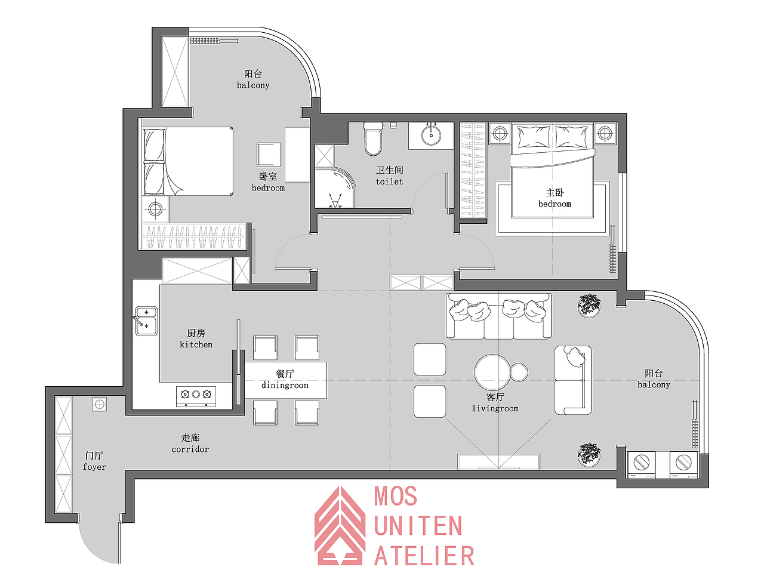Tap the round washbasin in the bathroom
click(x=431, y=135)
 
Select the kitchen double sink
click(x=146, y=321)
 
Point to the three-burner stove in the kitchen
click(x=196, y=396)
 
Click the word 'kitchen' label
click(x=196, y=344)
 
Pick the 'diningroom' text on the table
click(x=285, y=385)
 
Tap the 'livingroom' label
click(x=495, y=408)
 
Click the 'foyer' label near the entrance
click(x=94, y=467)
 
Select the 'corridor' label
click(x=190, y=449)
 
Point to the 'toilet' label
click(x=389, y=181)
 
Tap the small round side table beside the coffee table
click(x=519, y=372)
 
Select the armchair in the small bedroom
click(x=269, y=155)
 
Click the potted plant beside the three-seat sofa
click(x=589, y=306)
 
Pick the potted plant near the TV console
click(x=589, y=454)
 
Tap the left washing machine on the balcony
click(x=641, y=465)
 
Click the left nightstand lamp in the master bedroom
click(x=500, y=133)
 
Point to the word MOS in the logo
click(x=396, y=496)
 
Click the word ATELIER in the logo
click(x=424, y=556)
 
